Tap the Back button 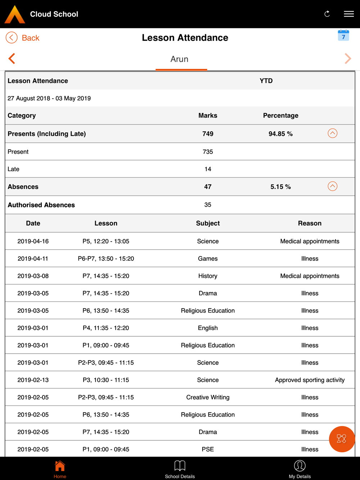(x=23, y=38)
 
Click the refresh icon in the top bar (x=327, y=14)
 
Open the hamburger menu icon (x=348, y=14)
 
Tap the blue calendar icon (x=343, y=36)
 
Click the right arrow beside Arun (x=347, y=59)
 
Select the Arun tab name (x=179, y=59)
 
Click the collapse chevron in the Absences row (x=332, y=186)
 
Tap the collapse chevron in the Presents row (x=332, y=133)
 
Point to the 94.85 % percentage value (x=280, y=134)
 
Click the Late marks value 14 (x=208, y=169)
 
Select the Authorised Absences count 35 (x=208, y=205)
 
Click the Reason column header (x=310, y=223)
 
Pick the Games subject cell (x=208, y=259)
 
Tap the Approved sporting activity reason (x=310, y=380)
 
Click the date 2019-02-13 (x=33, y=380)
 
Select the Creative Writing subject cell (x=208, y=397)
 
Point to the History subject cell (x=208, y=276)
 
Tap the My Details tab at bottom (x=300, y=469)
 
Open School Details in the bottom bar (x=180, y=469)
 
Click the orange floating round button (x=342, y=439)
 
